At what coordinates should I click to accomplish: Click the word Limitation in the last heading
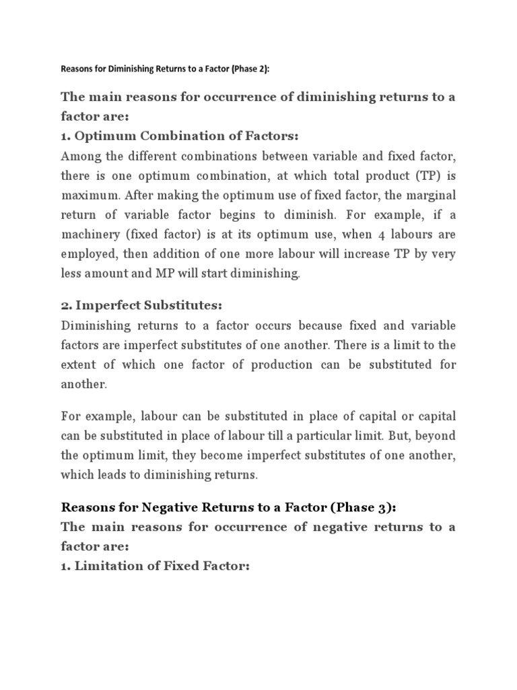tap(111, 565)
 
